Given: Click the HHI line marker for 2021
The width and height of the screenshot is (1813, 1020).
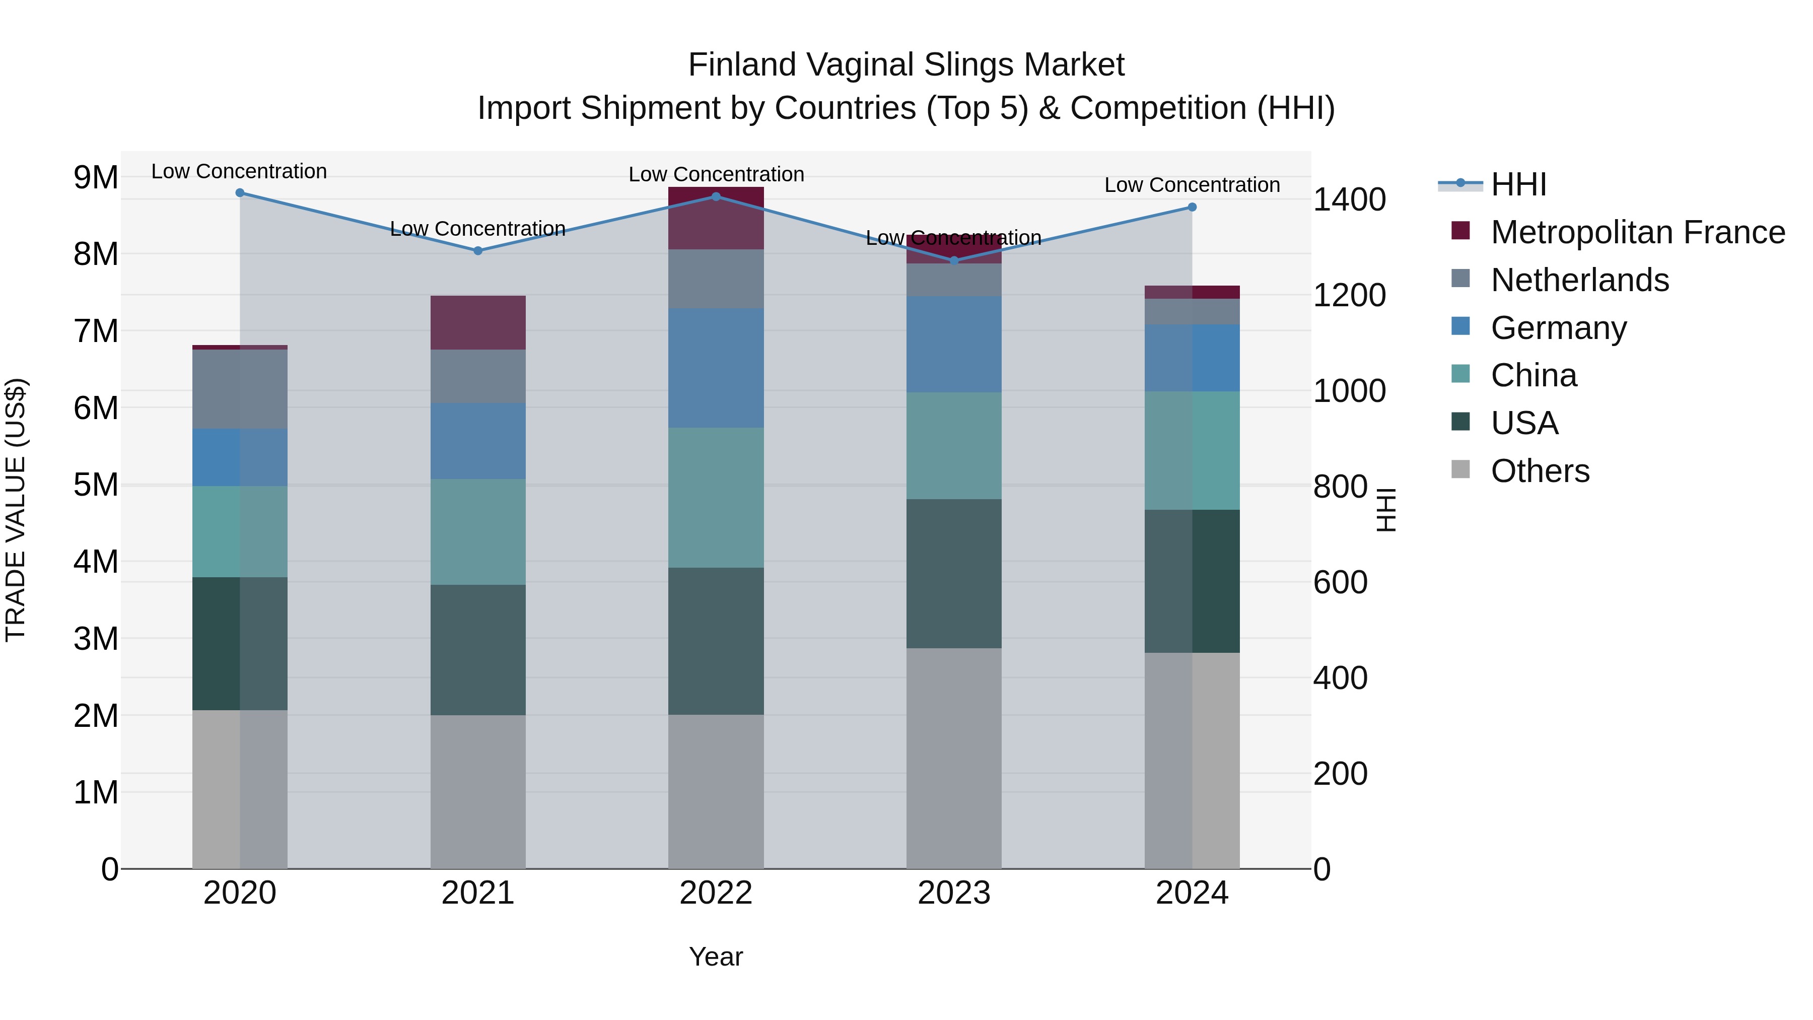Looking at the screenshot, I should click(478, 251).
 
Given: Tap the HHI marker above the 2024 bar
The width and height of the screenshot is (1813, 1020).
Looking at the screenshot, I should click(1192, 207).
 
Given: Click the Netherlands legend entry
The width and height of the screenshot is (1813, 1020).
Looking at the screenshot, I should click(1579, 280).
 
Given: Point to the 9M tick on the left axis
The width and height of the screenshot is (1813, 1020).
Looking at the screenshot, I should click(96, 177).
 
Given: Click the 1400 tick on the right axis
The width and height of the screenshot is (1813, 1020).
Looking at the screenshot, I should click(1349, 200).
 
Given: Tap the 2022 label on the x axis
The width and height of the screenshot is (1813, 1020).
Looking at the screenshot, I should click(716, 893).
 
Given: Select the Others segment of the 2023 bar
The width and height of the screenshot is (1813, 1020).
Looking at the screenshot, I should click(954, 758).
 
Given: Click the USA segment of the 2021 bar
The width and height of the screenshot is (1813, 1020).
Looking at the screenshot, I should click(478, 650).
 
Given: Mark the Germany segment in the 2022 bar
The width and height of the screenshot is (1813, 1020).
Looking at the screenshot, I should click(716, 368).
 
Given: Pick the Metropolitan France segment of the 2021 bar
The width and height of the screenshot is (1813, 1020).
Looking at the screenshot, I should click(478, 322).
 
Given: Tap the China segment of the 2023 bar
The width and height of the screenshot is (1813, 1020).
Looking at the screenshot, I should click(954, 446).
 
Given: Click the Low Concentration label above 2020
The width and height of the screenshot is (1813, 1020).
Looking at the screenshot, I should click(239, 171).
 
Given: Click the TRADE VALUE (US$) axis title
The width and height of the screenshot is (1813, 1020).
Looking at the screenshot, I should click(16, 510).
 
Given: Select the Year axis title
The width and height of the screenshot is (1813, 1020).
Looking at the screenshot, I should click(716, 957).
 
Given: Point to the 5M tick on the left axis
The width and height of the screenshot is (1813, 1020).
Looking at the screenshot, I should click(96, 485).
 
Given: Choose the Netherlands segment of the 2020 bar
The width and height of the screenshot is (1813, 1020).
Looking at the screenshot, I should click(239, 389).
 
